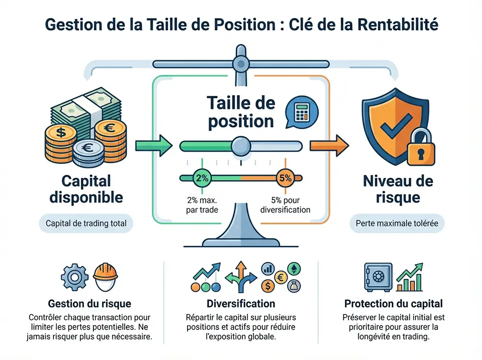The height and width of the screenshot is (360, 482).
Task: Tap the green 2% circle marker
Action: (x=200, y=178)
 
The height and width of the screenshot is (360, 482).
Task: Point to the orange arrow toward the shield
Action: (x=330, y=144)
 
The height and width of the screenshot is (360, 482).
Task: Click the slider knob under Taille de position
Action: (x=241, y=145)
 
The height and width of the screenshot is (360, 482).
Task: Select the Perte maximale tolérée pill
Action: (x=397, y=224)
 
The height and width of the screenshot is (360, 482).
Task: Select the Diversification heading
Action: (x=241, y=304)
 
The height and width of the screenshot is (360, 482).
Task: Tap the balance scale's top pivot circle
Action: (x=240, y=63)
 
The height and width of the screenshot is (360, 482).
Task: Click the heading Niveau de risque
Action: (x=398, y=189)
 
